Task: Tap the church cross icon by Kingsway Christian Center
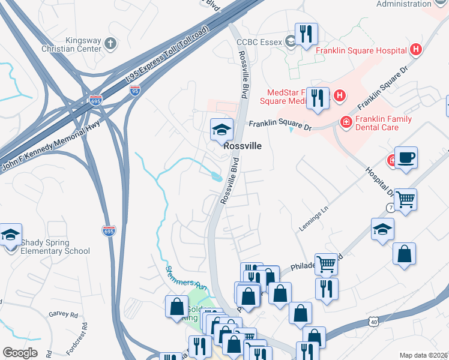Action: point(109,43)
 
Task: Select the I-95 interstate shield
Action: point(135,91)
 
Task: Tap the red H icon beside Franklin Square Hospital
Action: point(415,50)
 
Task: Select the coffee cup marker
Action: point(406,158)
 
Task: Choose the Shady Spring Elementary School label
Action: point(55,247)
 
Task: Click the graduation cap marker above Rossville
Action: point(221,129)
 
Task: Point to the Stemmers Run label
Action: point(185,278)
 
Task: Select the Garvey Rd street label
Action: point(64,314)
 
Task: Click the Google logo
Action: point(20,352)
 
